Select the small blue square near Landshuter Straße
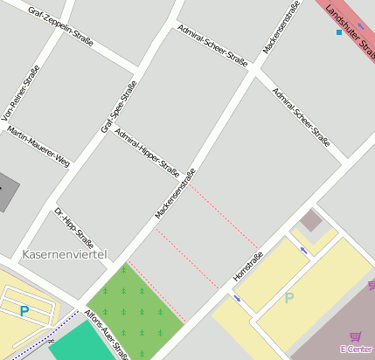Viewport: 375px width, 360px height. coord(339,32)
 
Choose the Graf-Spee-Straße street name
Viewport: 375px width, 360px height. coord(119,107)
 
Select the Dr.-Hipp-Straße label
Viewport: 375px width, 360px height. coord(73,227)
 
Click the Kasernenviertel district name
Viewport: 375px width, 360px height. coord(62,254)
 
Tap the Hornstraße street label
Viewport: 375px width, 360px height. coord(247,267)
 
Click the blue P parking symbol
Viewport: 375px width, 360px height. coord(24,309)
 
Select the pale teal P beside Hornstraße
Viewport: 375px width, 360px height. coord(289,298)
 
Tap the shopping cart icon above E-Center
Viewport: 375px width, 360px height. coord(355,336)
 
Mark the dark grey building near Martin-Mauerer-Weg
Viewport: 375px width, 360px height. coord(7,191)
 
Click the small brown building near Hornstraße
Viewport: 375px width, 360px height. coord(310,219)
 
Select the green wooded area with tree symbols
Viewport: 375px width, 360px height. coord(133,306)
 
